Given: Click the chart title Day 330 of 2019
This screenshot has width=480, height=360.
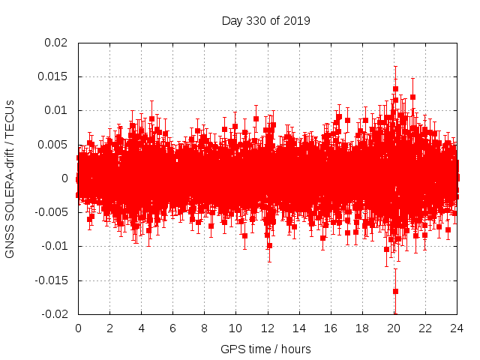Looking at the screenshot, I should [265, 20].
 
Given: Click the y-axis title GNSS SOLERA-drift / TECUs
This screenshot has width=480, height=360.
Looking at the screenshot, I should [10, 178].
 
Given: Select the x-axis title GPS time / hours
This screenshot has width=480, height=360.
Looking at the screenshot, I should [265, 349].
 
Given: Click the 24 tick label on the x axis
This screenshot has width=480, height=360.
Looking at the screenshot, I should [456, 328].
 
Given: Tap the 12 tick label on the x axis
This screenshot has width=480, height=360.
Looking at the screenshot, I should [267, 328].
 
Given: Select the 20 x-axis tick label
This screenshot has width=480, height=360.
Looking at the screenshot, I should [393, 328].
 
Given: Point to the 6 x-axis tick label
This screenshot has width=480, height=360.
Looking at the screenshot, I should [172, 328].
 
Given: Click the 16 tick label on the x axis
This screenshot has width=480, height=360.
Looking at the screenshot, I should [330, 328].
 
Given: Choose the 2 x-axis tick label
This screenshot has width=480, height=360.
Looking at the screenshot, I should [109, 328].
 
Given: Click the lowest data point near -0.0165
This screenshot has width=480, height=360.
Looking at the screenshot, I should [395, 291].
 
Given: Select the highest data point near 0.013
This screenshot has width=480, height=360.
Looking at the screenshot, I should [395, 88].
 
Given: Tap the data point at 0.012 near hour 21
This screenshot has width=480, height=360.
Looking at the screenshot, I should [412, 97].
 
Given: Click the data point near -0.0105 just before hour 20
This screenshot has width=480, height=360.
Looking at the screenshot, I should [387, 249].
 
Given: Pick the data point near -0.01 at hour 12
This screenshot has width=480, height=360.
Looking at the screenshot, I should [269, 245].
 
